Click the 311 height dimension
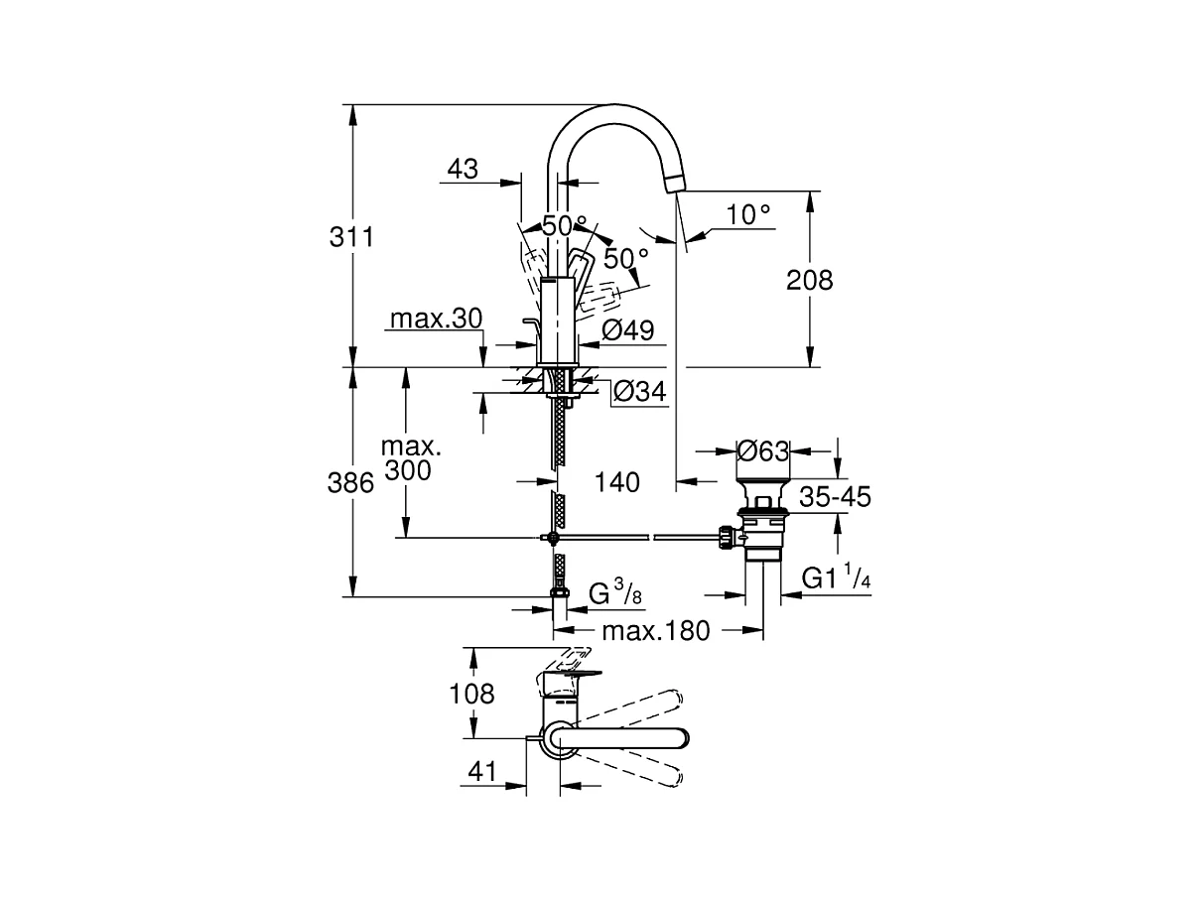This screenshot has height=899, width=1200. pyautogui.click(x=351, y=236)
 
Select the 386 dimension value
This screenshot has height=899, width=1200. pyautogui.click(x=350, y=483)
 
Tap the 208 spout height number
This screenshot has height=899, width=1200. pyautogui.click(x=809, y=280)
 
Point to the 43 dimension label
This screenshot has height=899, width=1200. pyautogui.click(x=463, y=169)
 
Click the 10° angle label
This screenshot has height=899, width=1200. pyautogui.click(x=748, y=214)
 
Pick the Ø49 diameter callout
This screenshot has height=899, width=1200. pyautogui.click(x=627, y=330)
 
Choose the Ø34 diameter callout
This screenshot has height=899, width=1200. pyautogui.click(x=639, y=391)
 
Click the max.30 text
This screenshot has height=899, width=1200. pyautogui.click(x=437, y=319)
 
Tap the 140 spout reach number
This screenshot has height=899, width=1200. pyautogui.click(x=616, y=482)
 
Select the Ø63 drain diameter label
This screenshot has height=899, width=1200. pyautogui.click(x=763, y=451)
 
